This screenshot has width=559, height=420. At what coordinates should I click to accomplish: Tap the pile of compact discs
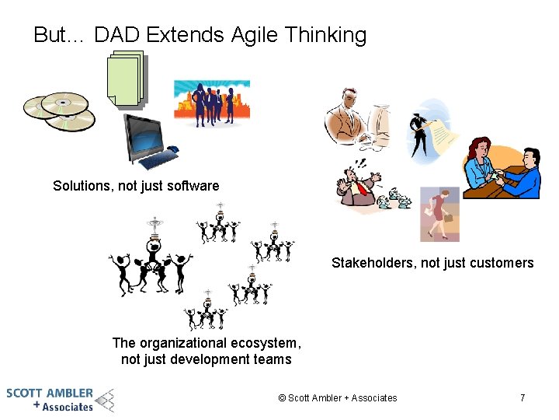pos(60,111)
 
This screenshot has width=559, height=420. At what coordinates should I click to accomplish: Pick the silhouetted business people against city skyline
pos(211,103)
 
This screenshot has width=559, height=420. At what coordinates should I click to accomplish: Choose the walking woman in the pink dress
pos(439,214)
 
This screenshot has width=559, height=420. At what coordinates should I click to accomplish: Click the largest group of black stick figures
pos(151,264)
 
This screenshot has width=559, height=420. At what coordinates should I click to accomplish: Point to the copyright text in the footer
pos(338,398)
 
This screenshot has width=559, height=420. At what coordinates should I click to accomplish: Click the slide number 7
pos(523,398)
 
